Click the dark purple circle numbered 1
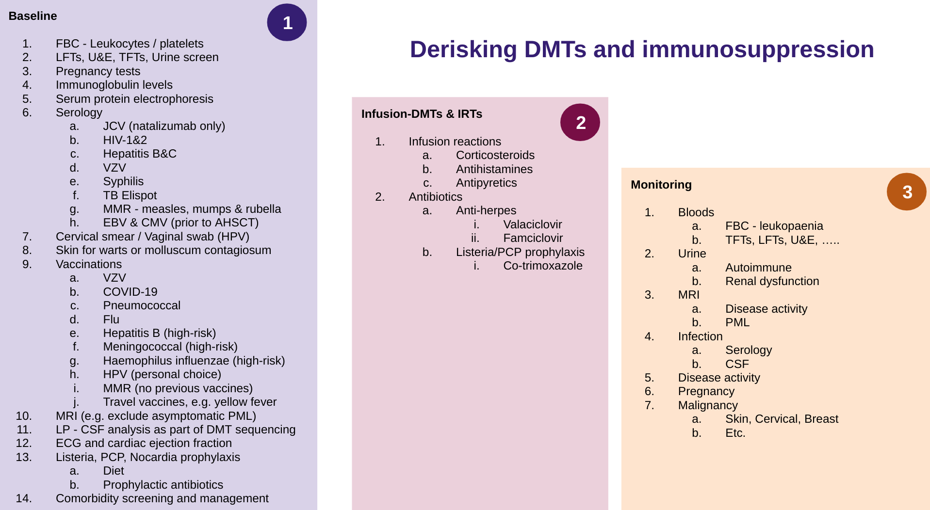point(287,22)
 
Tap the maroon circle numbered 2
point(580,122)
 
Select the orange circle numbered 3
point(906,191)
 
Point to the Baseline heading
point(33,16)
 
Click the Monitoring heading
point(661,185)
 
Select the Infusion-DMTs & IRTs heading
point(421,114)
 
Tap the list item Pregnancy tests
point(98,71)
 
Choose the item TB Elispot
point(130,195)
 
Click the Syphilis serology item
point(123,181)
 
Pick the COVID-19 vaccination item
point(130,292)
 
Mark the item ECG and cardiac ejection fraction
point(144,443)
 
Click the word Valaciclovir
point(532,224)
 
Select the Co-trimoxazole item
point(542,266)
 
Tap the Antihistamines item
point(494,169)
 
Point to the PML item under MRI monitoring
point(737,322)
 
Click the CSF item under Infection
point(737,364)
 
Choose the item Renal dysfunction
point(772,281)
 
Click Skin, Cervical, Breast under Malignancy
point(782,419)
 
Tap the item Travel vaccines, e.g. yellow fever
point(190,402)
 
